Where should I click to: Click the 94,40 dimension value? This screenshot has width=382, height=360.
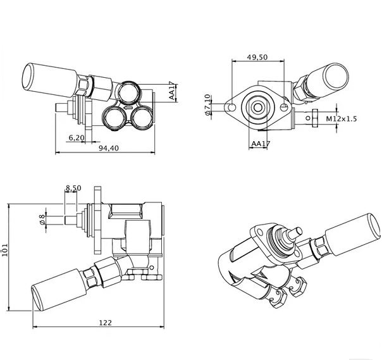(x=108, y=148)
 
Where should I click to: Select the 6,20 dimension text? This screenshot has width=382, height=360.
(x=77, y=138)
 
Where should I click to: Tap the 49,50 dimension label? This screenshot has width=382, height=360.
(x=257, y=57)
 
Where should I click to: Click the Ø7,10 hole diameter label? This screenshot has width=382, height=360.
(x=207, y=105)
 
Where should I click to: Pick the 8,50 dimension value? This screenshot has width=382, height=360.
(x=73, y=188)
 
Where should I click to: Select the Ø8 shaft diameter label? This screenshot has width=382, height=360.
(x=42, y=220)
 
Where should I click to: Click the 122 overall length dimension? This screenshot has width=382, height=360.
(x=105, y=323)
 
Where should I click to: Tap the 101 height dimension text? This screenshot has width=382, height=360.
(x=5, y=249)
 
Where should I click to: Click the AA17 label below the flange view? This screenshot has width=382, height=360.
(x=261, y=144)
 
